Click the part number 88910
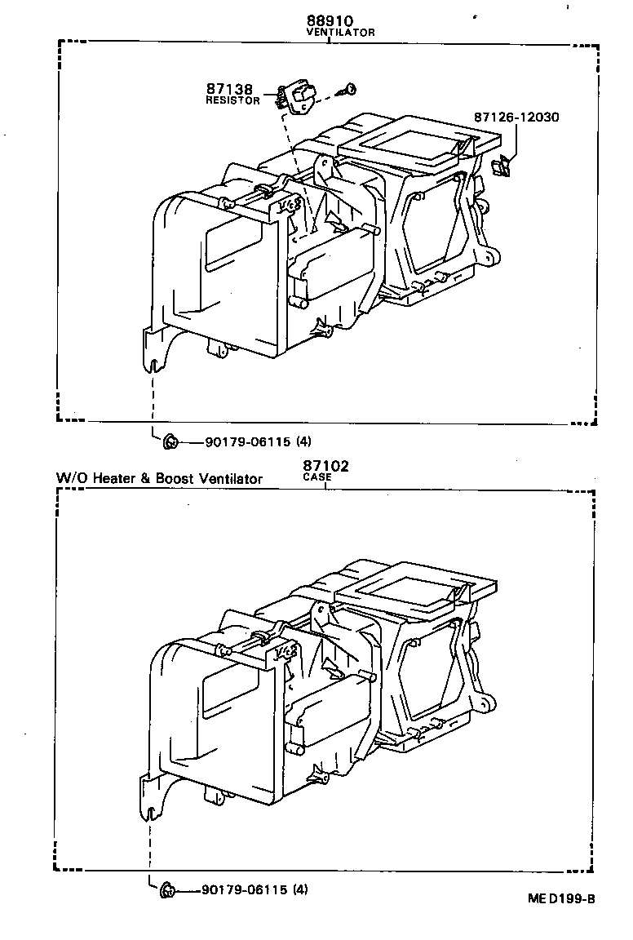tap(329, 20)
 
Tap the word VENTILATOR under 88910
tap(340, 33)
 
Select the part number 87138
tap(230, 89)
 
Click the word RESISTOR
tap(232, 100)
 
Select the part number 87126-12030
tap(516, 117)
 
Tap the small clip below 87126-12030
tap(502, 166)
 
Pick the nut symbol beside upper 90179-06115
tap(170, 442)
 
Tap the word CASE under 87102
tap(316, 477)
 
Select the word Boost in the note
tap(174, 479)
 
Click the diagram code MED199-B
tap(562, 899)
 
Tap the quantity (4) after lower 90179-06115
tap(300, 889)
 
